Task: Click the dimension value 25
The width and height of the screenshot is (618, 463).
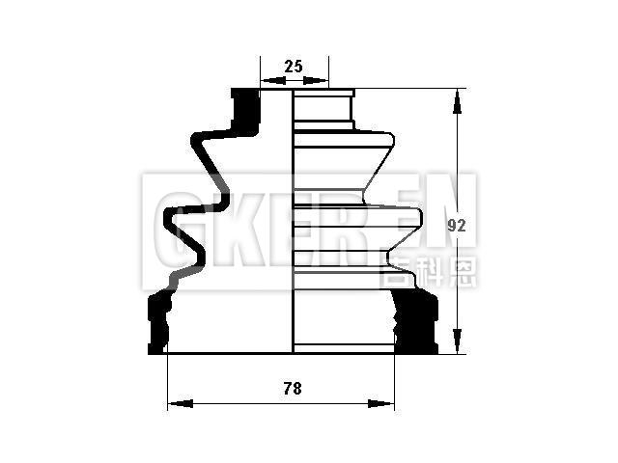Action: (295, 67)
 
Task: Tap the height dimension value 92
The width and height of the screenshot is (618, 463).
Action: (458, 226)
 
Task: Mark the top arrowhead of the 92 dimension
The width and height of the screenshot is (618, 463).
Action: (454, 97)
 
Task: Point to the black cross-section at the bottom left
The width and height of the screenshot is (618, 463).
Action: (158, 323)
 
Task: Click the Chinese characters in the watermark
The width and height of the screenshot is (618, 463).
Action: (429, 272)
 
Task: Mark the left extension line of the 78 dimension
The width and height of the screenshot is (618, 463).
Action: (168, 381)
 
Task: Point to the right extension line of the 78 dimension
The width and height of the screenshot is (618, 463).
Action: (395, 381)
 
